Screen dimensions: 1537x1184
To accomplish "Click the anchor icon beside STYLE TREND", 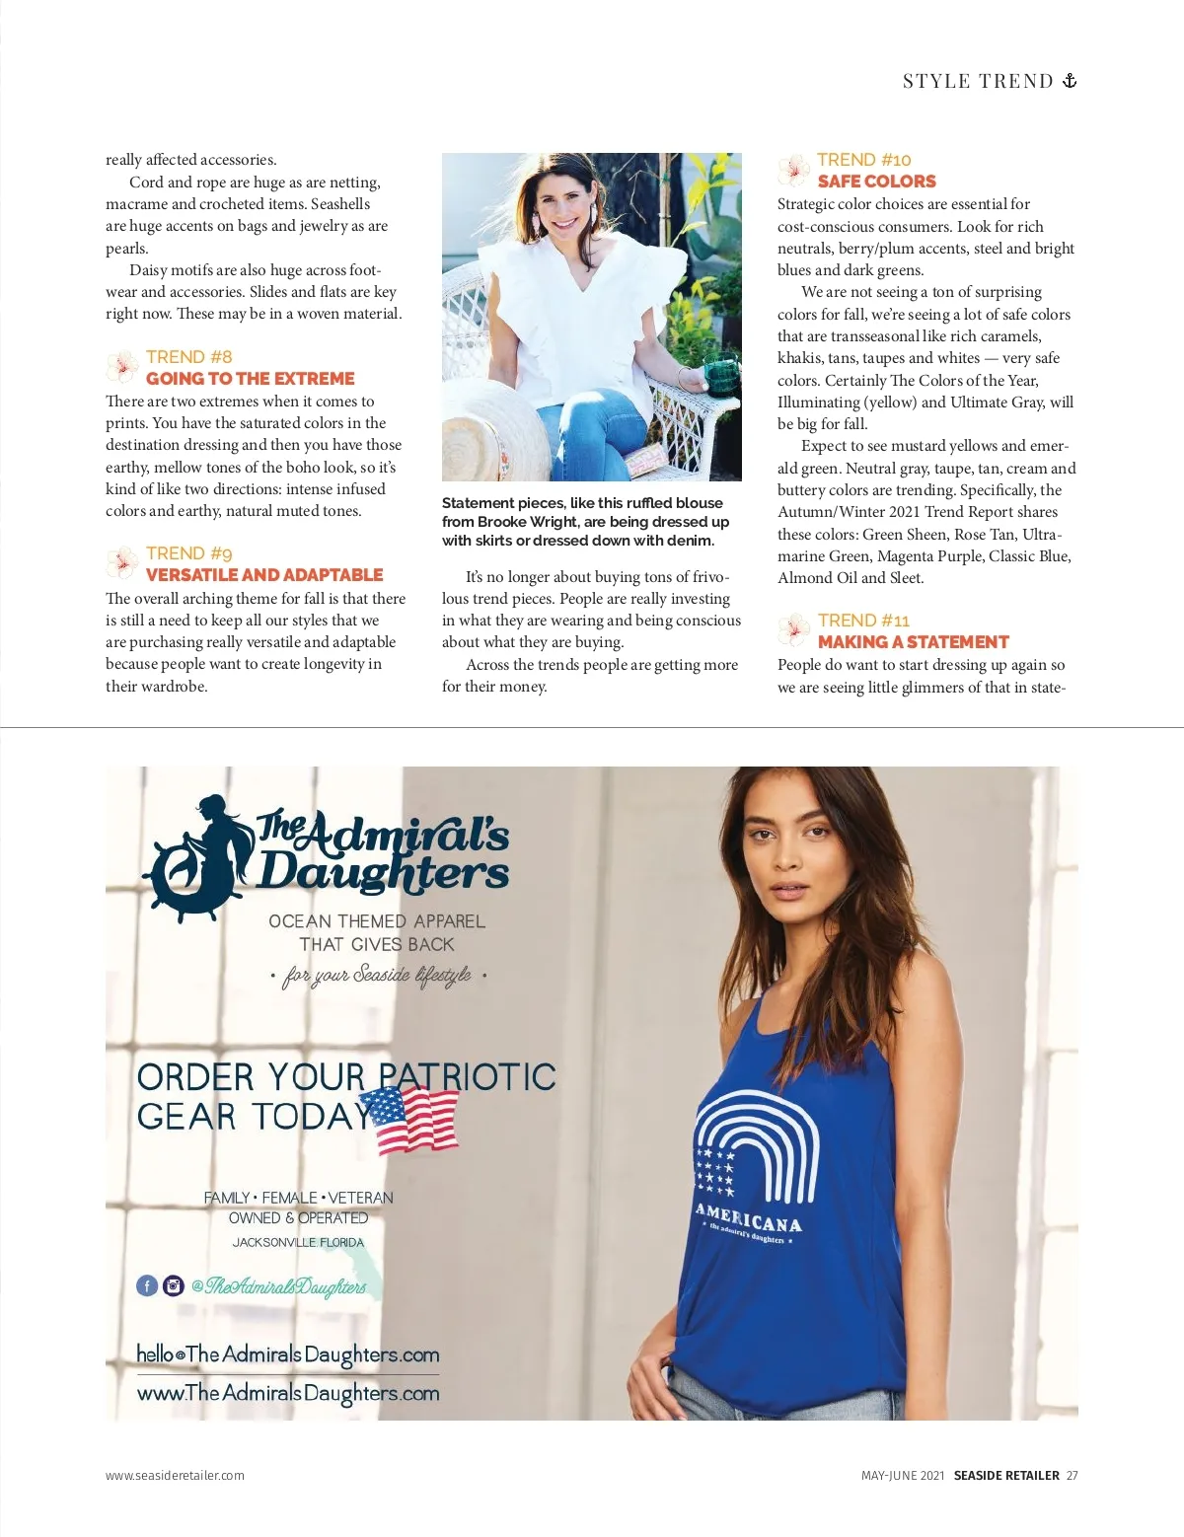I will [x=1069, y=81].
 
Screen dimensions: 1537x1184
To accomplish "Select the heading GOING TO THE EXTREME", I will [x=250, y=379].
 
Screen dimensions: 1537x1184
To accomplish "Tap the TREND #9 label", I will [x=188, y=553].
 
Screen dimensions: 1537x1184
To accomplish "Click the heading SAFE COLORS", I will [x=876, y=182].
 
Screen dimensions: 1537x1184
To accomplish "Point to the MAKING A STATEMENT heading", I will [x=913, y=642].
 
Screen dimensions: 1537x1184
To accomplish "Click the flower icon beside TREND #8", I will [x=121, y=367].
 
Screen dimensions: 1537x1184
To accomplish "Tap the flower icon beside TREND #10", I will [x=793, y=171].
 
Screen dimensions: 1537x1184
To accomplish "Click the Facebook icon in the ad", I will [x=147, y=1285].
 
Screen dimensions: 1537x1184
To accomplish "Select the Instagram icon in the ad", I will [x=174, y=1285].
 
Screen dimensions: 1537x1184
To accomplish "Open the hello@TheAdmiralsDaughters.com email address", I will [x=287, y=1354].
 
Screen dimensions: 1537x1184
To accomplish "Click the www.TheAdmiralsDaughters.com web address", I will [x=287, y=1393].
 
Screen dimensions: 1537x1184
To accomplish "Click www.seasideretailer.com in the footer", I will [x=175, y=1476].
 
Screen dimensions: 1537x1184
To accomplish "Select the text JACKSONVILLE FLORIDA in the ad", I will [x=298, y=1243].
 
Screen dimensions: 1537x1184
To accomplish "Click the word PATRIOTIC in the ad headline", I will [x=468, y=1077].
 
